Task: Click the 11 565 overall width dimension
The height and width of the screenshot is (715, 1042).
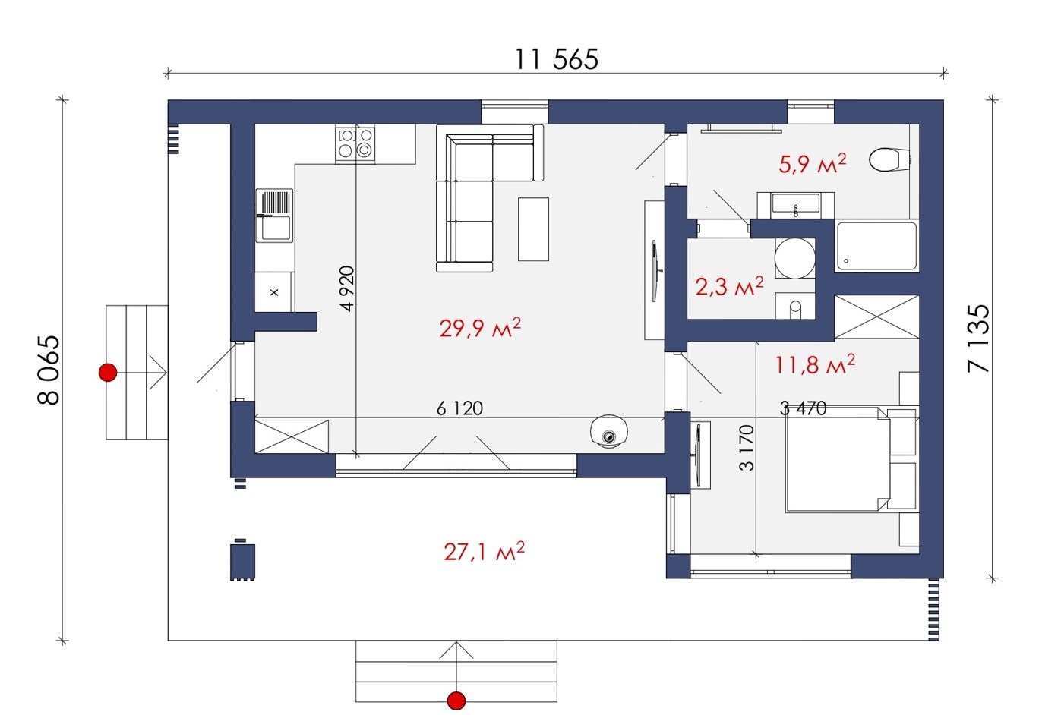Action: [557, 59]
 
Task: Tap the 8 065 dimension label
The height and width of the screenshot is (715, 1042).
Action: [49, 370]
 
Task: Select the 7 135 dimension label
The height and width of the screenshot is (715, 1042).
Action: [977, 339]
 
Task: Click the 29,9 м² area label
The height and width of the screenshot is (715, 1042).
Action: [480, 328]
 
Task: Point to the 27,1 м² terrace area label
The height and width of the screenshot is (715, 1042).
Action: [485, 551]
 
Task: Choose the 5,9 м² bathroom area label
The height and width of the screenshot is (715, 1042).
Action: [812, 164]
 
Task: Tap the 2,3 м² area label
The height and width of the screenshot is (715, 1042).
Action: [729, 286]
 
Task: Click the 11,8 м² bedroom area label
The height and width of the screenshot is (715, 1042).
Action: [815, 364]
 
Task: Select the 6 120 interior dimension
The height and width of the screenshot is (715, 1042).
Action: [459, 408]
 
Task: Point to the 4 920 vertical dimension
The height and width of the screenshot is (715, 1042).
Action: [347, 288]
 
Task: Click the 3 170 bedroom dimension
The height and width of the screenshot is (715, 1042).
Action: [746, 448]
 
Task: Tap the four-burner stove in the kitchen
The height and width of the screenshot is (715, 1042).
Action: [355, 144]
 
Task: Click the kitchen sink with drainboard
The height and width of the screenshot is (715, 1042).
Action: [274, 216]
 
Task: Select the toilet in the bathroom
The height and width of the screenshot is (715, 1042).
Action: [890, 159]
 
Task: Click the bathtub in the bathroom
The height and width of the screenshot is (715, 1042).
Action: [877, 247]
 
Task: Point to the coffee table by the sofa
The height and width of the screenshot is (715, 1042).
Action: [534, 229]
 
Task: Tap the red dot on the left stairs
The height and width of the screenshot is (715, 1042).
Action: [108, 373]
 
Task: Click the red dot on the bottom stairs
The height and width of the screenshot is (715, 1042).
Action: [456, 701]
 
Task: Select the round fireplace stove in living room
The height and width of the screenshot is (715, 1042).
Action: [609, 431]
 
